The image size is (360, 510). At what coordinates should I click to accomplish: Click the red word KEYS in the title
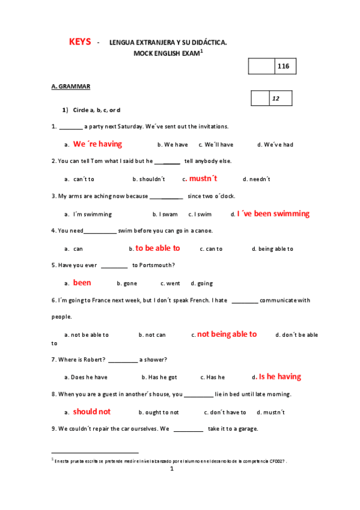pyautogui.click(x=80, y=41)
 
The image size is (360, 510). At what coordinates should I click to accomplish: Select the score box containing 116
pyautogui.click(x=283, y=67)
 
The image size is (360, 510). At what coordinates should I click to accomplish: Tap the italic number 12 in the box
pyautogui.click(x=276, y=99)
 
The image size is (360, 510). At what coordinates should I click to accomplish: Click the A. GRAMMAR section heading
pyautogui.click(x=71, y=87)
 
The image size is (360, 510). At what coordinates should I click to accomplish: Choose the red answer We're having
pyautogui.click(x=97, y=144)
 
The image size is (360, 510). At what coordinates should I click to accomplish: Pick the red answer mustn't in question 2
pyautogui.click(x=203, y=179)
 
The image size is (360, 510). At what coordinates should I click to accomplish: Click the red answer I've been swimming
pyautogui.click(x=273, y=214)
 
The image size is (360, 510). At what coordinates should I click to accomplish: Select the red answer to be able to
pyautogui.click(x=157, y=248)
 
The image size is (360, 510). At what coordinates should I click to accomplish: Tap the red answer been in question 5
pyautogui.click(x=82, y=283)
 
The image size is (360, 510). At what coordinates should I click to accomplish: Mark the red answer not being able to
pyautogui.click(x=227, y=334)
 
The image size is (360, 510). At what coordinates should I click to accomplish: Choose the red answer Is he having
pyautogui.click(x=279, y=376)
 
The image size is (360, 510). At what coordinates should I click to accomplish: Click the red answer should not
pyautogui.click(x=92, y=411)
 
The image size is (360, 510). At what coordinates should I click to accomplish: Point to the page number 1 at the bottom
pyautogui.click(x=171, y=469)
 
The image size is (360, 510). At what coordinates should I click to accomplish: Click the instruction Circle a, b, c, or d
pyautogui.click(x=96, y=110)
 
